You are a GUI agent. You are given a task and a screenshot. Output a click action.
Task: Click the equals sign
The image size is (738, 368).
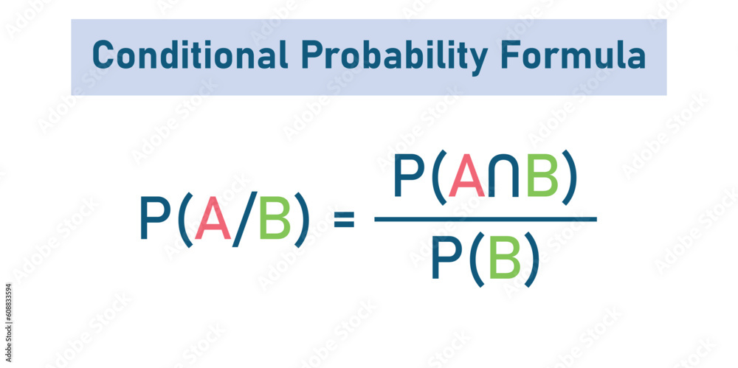[344, 219]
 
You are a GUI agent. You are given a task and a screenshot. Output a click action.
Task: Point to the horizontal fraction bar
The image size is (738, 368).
[485, 219]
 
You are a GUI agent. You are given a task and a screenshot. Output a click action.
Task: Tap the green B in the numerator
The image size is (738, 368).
[542, 178]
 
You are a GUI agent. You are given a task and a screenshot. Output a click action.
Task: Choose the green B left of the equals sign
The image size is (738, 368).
[275, 220]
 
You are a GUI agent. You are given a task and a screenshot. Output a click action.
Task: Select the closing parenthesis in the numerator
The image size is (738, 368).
[569, 180]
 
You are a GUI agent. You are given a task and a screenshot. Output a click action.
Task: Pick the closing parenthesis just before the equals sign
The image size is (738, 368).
[301, 221]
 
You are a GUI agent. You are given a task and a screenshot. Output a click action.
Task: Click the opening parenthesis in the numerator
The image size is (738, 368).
[438, 180]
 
